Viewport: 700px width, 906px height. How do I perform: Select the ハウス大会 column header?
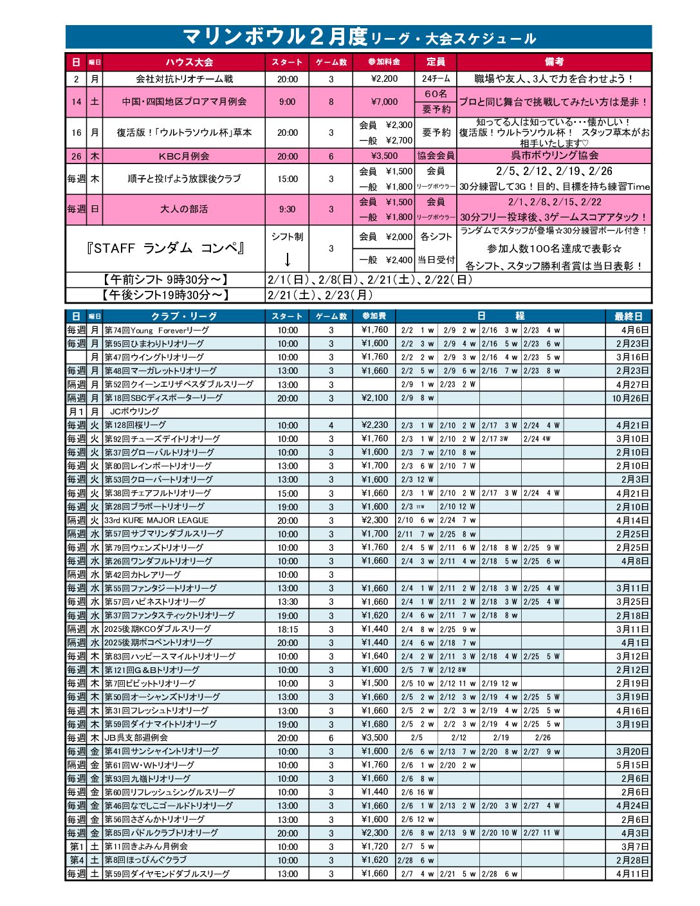point(189,62)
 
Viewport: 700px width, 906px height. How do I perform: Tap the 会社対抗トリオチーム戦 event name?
point(184,79)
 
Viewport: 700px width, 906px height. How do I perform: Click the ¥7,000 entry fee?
point(385,102)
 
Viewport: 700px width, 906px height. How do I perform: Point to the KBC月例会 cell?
point(184,156)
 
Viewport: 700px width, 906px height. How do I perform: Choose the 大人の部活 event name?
point(184,209)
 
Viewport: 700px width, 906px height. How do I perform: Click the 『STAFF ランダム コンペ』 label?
point(166,248)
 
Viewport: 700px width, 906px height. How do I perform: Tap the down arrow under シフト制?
point(288,259)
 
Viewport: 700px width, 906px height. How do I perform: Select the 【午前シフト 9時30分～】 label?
point(165,280)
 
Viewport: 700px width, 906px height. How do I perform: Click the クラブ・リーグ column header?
point(184,316)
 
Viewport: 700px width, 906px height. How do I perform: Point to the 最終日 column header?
point(628,316)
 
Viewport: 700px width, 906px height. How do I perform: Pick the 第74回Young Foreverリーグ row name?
point(157,330)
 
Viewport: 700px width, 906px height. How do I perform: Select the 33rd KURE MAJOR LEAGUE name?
point(157,520)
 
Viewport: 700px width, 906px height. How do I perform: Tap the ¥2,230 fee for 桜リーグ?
point(374,425)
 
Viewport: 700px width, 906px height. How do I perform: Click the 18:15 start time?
point(288,629)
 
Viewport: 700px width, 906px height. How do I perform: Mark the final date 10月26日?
point(631,398)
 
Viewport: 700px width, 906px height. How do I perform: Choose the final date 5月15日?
point(632,765)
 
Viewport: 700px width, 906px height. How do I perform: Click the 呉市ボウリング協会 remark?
point(555,156)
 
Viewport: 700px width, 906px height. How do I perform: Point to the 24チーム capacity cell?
point(436,79)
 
